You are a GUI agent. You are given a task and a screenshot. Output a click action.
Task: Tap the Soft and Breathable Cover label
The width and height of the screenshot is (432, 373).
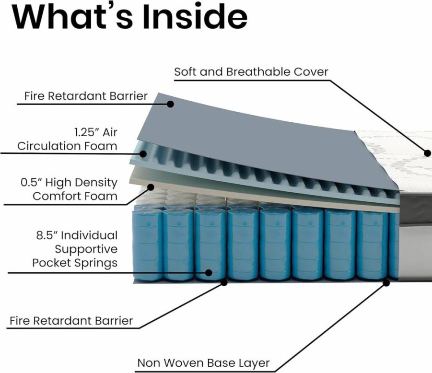coord(251,72)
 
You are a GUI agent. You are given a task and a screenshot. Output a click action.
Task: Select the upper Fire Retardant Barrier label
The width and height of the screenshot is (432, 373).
coord(86,96)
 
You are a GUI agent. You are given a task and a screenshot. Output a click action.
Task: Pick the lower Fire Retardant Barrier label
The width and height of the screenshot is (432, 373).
coord(71,321)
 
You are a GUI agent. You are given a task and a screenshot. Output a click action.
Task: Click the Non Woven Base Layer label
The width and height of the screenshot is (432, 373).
coord(203,363)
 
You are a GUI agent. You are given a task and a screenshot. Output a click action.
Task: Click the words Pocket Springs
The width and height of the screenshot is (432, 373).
coord(75,263)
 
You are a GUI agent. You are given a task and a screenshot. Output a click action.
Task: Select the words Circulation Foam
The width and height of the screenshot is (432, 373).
coord(67,146)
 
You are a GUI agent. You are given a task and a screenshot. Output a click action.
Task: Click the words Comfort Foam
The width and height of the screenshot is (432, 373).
coord(75,197)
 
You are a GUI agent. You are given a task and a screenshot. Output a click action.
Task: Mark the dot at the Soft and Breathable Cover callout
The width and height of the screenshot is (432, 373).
coord(428,153)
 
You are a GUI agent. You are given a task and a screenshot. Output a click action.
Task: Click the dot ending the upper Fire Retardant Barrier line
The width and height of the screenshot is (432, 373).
coord(171,104)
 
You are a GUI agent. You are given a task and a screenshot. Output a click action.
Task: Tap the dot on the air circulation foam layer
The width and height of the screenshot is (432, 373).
coord(143,154)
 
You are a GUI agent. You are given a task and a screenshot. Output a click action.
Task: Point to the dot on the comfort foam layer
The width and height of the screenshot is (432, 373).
coord(151,187)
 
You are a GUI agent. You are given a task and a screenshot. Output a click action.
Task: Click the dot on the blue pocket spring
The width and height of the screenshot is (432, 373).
coord(209,273)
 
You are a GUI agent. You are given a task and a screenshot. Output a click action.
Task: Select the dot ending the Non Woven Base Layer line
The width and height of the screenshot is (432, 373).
coord(386,283)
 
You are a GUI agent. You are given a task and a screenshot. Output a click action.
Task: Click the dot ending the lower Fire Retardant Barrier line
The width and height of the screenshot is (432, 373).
coord(224,282)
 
